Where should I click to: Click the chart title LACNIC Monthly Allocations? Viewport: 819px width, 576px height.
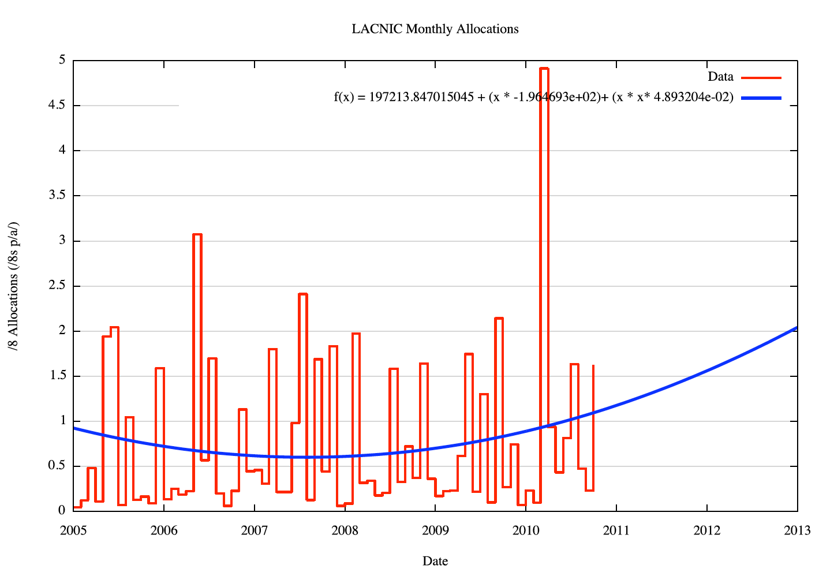435,29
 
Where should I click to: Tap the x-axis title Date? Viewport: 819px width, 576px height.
435,561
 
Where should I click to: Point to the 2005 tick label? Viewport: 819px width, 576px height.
73,530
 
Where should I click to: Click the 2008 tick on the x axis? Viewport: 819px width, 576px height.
345,530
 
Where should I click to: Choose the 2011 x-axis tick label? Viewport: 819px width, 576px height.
616,530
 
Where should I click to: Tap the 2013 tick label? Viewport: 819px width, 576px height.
797,530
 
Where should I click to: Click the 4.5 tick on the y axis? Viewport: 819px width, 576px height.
57,106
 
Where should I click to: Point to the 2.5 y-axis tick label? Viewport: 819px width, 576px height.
57,286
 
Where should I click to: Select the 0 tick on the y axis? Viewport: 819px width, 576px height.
62,511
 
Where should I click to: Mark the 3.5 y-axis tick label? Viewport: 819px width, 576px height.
57,196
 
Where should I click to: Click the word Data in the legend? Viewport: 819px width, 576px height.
720,77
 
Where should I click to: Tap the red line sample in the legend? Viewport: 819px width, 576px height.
761,77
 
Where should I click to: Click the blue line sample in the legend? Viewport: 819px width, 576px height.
761,98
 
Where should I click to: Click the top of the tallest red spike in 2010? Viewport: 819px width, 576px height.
544,68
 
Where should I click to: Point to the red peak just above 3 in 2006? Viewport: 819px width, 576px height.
197,234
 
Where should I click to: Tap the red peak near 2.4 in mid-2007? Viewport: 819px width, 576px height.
302,294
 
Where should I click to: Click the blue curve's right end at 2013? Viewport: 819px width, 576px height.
796,328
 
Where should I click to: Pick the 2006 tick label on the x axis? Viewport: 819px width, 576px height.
164,530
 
